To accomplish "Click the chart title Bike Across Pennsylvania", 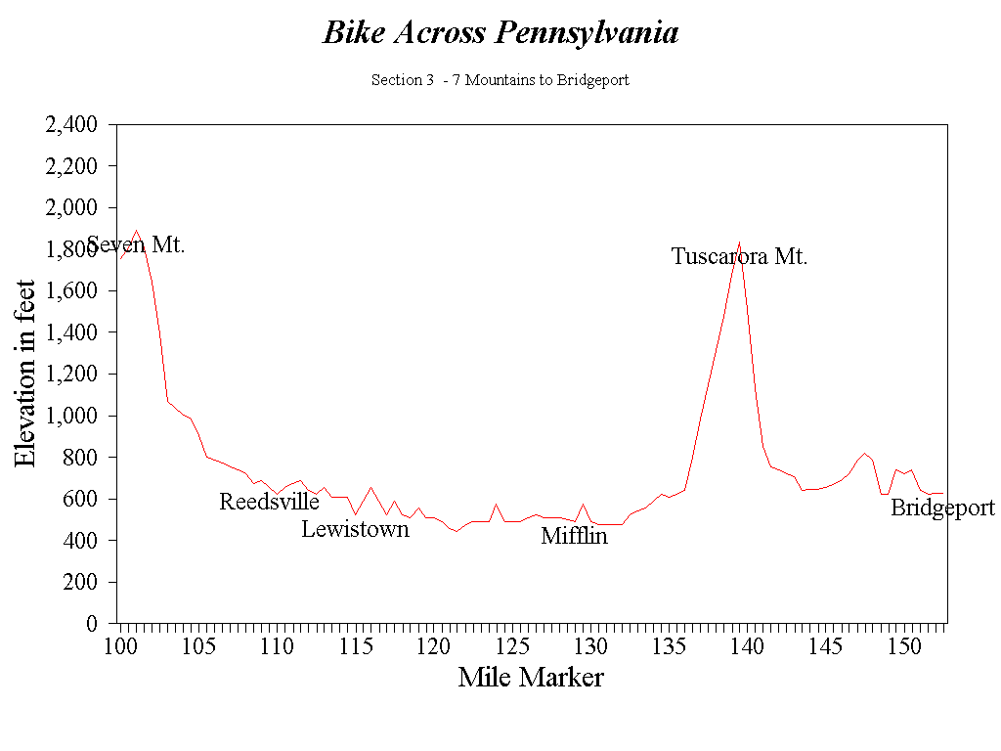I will (500, 33).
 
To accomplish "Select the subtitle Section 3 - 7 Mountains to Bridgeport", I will (500, 80).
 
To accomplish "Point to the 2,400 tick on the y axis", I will (71, 125).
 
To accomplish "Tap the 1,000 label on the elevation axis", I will (71, 416).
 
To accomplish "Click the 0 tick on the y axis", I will (91, 623).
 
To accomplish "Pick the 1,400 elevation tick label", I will (71, 332).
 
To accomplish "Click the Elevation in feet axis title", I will (26, 374).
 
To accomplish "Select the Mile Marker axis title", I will (531, 677).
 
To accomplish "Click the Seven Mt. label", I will (136, 244).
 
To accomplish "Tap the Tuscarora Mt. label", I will (739, 257).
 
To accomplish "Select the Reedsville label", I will (269, 502).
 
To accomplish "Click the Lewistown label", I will (355, 529).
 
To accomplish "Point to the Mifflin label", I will (574, 536).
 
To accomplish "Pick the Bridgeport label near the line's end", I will (942, 508).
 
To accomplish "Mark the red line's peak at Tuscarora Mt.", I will (740, 242).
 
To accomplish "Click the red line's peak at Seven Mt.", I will (136, 231).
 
